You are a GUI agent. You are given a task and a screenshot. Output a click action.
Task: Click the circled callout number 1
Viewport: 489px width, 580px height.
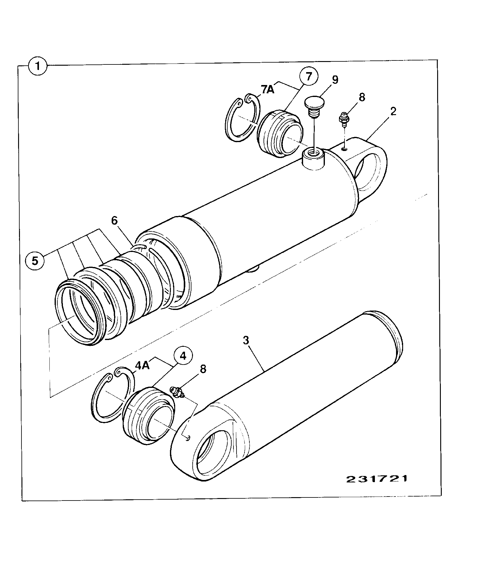click(x=38, y=66)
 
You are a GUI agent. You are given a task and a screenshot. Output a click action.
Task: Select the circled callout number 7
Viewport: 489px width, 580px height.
click(x=309, y=77)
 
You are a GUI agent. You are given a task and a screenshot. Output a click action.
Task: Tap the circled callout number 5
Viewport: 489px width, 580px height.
click(x=35, y=261)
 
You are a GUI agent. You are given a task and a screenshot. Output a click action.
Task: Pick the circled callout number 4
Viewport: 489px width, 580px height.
click(x=183, y=356)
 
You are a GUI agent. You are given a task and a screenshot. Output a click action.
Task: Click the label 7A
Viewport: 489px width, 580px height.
click(x=268, y=90)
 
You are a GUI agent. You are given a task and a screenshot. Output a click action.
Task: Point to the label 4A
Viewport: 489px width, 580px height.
click(x=142, y=366)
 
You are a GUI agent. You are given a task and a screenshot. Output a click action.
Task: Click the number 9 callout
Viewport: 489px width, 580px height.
click(x=335, y=80)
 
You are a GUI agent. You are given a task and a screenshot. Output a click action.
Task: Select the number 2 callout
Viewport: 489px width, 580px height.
click(x=393, y=111)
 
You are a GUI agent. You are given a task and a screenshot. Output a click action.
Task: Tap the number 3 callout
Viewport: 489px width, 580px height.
click(x=246, y=341)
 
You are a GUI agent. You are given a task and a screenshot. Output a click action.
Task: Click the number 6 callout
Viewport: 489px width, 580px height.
click(x=114, y=221)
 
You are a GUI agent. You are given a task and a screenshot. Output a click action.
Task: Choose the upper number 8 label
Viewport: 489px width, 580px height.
click(x=362, y=98)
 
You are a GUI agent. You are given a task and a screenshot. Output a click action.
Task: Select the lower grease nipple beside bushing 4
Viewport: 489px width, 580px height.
click(x=177, y=393)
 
